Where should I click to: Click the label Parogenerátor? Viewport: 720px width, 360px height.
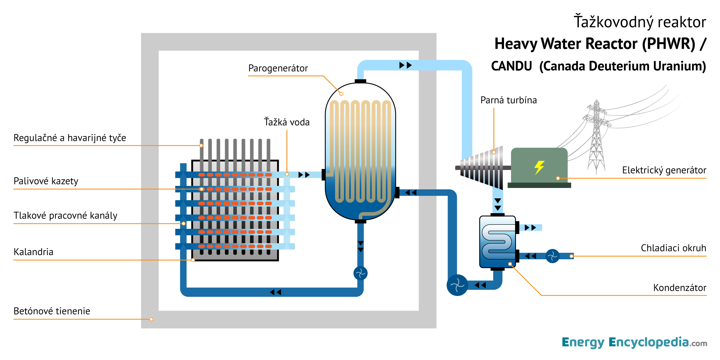pos(278,68)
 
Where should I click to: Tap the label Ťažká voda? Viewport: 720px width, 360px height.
pos(287,122)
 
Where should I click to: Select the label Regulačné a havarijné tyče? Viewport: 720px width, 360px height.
pos(70,138)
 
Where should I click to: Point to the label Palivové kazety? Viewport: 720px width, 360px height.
pos(46,181)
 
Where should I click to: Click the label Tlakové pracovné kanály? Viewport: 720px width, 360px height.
pos(65,216)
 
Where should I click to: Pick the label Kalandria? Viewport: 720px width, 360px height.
pos(33,252)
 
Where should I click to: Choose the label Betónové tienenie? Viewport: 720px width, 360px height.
pos(52,311)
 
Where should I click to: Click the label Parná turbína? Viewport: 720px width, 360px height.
pos(508,100)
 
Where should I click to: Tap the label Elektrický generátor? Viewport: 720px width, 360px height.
pos(664,170)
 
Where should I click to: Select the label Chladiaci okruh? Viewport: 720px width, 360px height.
pos(673,248)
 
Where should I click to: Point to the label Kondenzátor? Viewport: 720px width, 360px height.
pos(679,288)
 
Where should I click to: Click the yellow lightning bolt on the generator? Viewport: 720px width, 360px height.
pos(539,167)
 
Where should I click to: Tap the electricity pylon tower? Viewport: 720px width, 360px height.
pos(596,138)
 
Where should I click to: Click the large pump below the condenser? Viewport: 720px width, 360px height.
pos(457,285)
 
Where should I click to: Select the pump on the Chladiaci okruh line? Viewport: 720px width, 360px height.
pos(552,256)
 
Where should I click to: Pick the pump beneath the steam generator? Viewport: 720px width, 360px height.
pos(360,273)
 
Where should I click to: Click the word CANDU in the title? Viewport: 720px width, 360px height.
pos(511,66)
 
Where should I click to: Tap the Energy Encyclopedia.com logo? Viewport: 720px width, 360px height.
pos(634,342)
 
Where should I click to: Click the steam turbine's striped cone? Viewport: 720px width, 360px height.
pos(483,168)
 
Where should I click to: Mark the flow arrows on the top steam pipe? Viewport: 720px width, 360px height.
pos(405,65)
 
